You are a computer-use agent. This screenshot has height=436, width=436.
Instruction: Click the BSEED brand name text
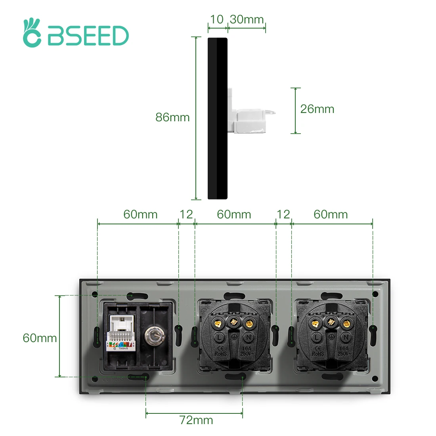(x=88, y=36)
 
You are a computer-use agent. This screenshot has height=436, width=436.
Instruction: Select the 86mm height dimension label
(x=172, y=117)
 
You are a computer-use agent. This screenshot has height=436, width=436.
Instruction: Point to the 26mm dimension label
(x=317, y=109)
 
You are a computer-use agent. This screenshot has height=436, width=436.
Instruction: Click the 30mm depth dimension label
(x=247, y=19)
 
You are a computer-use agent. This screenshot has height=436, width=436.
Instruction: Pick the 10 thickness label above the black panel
(x=217, y=19)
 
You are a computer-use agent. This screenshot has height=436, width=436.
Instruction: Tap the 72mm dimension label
(x=196, y=420)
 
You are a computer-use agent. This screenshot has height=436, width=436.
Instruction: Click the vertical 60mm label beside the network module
(x=40, y=338)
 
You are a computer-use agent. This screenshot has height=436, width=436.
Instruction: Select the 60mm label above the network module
(x=140, y=214)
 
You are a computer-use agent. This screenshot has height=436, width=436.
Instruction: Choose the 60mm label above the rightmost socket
(x=331, y=214)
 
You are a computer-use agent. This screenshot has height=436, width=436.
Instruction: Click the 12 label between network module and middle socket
(x=186, y=214)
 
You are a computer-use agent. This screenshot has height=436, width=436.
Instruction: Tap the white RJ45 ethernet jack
(x=121, y=329)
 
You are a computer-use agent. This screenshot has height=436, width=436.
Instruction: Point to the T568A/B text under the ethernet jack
(x=123, y=348)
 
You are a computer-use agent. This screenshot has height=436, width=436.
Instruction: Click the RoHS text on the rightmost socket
(x=318, y=354)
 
